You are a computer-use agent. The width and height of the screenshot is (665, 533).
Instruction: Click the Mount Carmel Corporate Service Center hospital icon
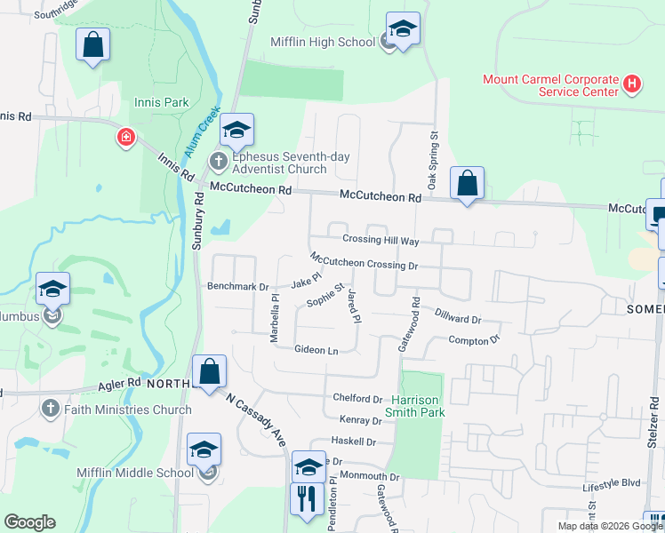(632, 84)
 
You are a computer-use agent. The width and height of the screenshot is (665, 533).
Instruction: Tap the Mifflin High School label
(323, 42)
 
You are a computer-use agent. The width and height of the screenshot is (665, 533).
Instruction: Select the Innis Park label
(161, 102)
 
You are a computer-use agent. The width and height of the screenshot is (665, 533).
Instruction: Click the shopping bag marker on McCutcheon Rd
(467, 185)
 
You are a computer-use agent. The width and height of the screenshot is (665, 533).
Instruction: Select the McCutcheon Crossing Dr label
(364, 261)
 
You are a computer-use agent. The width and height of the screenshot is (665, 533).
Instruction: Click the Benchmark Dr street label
(237, 287)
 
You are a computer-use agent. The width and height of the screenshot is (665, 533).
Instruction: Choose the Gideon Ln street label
(316, 351)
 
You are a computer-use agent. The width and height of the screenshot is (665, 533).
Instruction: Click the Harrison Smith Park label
(417, 406)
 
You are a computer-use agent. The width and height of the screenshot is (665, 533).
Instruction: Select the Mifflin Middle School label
(135, 473)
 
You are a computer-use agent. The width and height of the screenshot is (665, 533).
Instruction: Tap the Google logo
(29, 522)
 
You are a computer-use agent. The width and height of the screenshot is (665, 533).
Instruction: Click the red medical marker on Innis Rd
(126, 138)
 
